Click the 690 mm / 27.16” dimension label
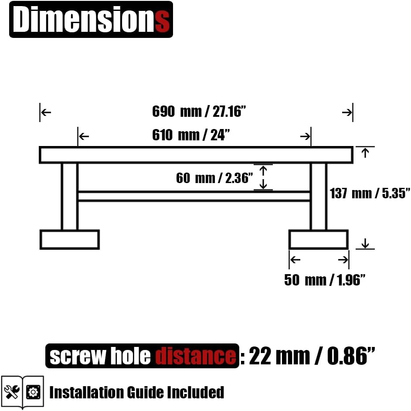(x=199, y=112)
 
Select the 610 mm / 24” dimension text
(x=191, y=135)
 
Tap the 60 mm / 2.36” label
(x=214, y=178)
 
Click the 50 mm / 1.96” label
(x=325, y=280)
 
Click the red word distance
(x=196, y=356)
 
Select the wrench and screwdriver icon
(x=12, y=392)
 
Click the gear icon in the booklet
(x=33, y=392)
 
